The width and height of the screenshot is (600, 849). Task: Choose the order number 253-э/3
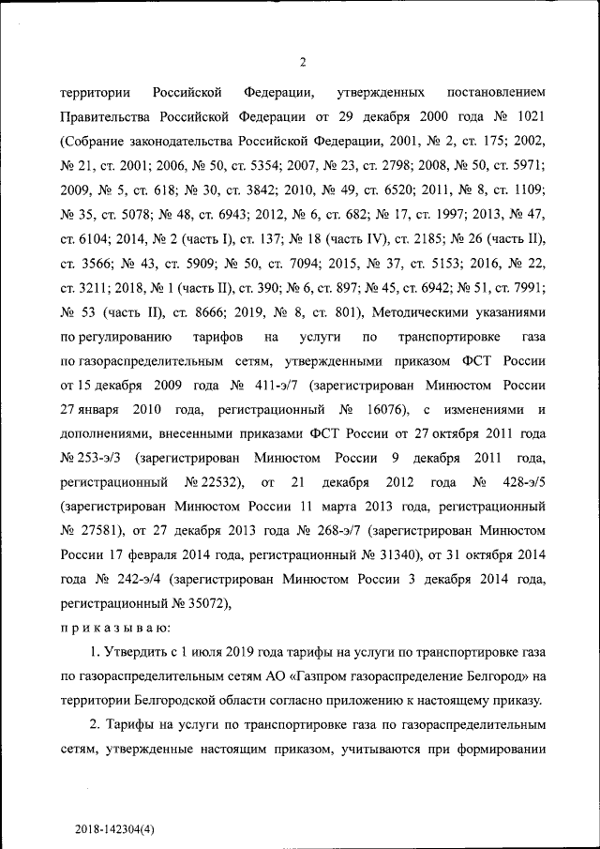pos(94,459)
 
